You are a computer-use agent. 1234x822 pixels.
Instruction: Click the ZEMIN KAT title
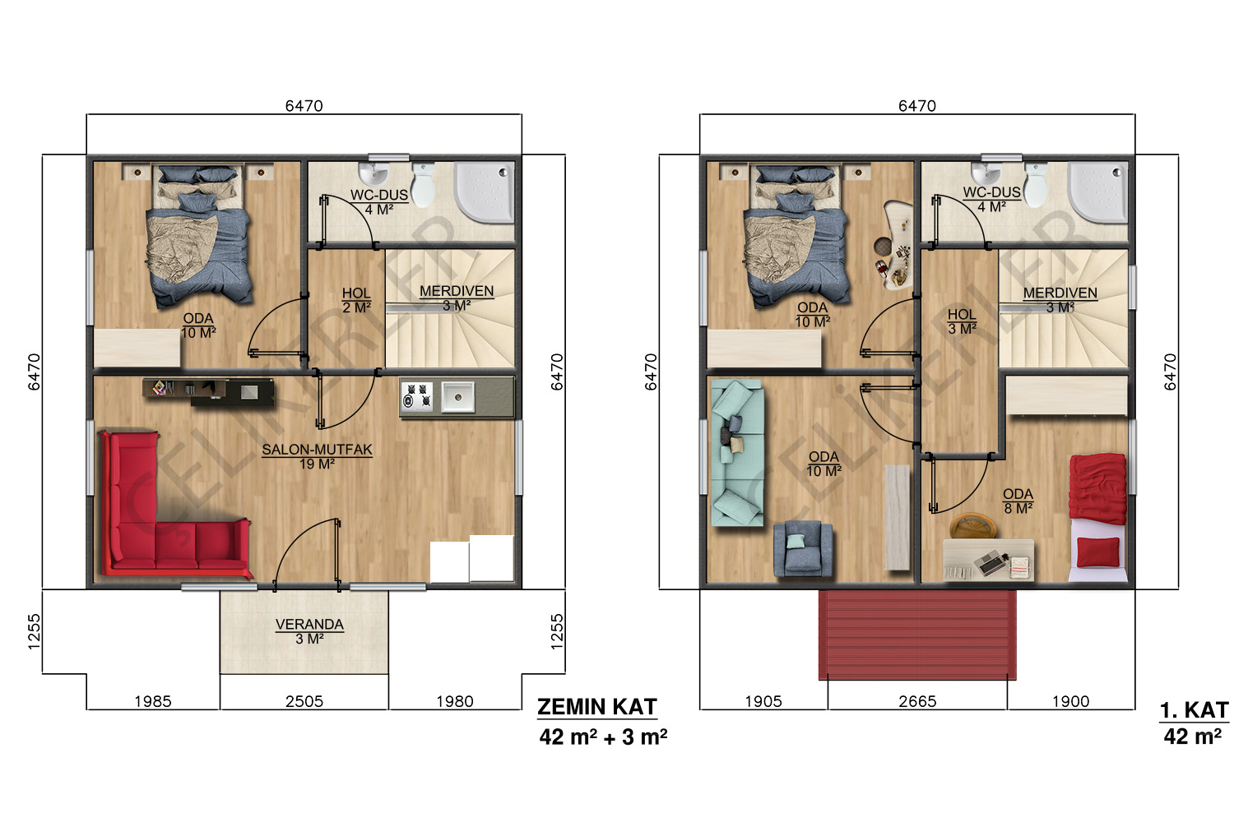tap(597, 707)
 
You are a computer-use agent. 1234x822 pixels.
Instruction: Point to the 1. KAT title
tap(1194, 710)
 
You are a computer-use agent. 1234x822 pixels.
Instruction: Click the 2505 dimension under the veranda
tap(304, 701)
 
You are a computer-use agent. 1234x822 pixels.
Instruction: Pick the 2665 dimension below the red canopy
tap(917, 701)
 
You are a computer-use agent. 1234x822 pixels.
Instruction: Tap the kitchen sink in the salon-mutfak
tap(457, 396)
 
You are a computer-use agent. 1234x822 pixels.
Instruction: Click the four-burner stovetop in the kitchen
tap(416, 396)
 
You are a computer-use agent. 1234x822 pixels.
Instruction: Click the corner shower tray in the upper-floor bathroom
tap(1097, 192)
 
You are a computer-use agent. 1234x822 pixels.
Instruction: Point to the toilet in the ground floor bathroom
tap(423, 184)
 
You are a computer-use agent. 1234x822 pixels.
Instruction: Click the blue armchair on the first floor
tap(803, 548)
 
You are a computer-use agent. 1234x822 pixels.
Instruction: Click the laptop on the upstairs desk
tap(989, 563)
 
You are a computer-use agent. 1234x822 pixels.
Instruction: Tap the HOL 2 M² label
tap(356, 300)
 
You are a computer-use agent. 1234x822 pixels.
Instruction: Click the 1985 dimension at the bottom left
tap(152, 701)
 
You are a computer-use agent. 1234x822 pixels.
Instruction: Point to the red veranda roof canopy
tap(917, 635)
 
